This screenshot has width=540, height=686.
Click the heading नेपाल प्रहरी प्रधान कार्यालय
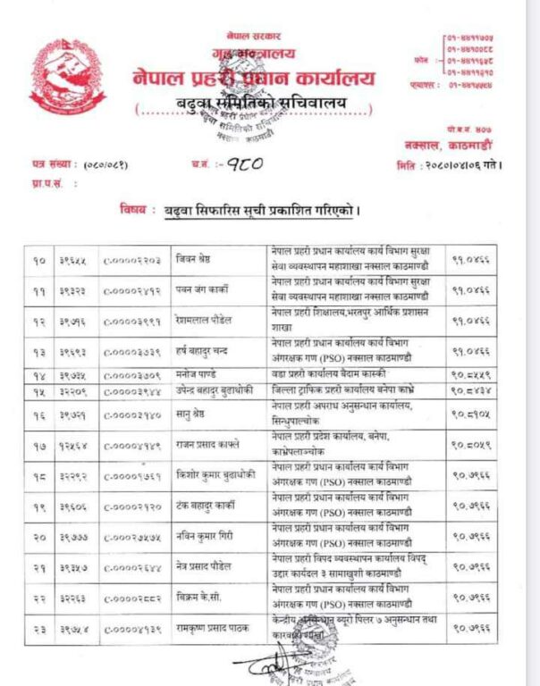(x=254, y=78)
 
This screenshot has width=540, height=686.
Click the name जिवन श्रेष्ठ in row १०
(x=200, y=259)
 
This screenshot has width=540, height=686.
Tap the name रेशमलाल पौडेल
(x=207, y=321)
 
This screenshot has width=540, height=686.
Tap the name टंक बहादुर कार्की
(x=210, y=506)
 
